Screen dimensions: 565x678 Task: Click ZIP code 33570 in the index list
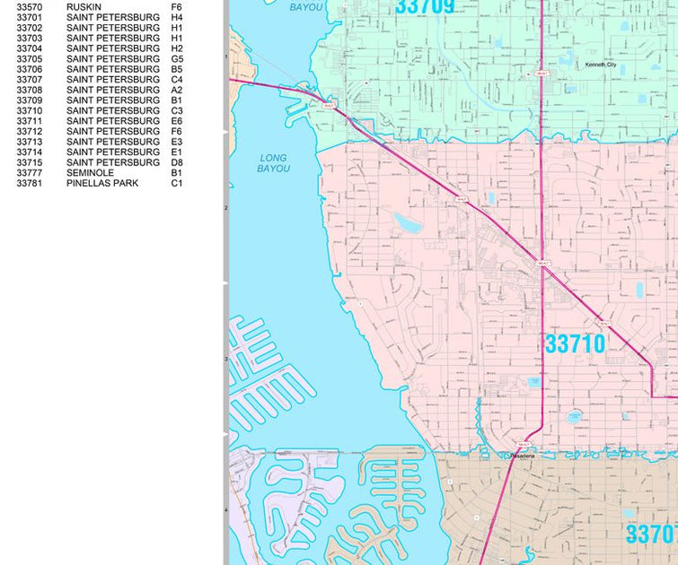click(30, 7)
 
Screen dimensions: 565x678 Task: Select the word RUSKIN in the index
click(83, 7)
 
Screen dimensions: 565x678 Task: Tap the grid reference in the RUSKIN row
click(176, 7)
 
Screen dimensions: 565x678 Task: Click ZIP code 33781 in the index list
click(30, 183)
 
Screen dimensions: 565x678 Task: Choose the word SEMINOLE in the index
click(90, 172)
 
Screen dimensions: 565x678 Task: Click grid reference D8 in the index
click(177, 162)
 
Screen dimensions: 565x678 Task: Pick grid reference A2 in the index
click(177, 90)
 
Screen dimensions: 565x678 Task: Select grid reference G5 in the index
click(177, 59)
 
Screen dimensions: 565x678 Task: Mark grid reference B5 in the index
click(177, 69)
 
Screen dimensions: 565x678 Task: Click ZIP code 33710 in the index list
click(30, 110)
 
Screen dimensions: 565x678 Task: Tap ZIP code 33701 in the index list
click(30, 17)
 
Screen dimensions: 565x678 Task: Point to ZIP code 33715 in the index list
click(30, 162)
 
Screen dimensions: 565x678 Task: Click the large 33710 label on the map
click(575, 343)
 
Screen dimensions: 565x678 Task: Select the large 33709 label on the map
click(424, 7)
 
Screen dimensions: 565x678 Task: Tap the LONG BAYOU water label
click(274, 163)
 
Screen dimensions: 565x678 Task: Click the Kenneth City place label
click(601, 65)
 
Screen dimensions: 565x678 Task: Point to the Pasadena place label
click(523, 456)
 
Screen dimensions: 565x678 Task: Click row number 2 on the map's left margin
click(225, 208)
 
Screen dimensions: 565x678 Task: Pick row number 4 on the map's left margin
click(225, 510)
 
